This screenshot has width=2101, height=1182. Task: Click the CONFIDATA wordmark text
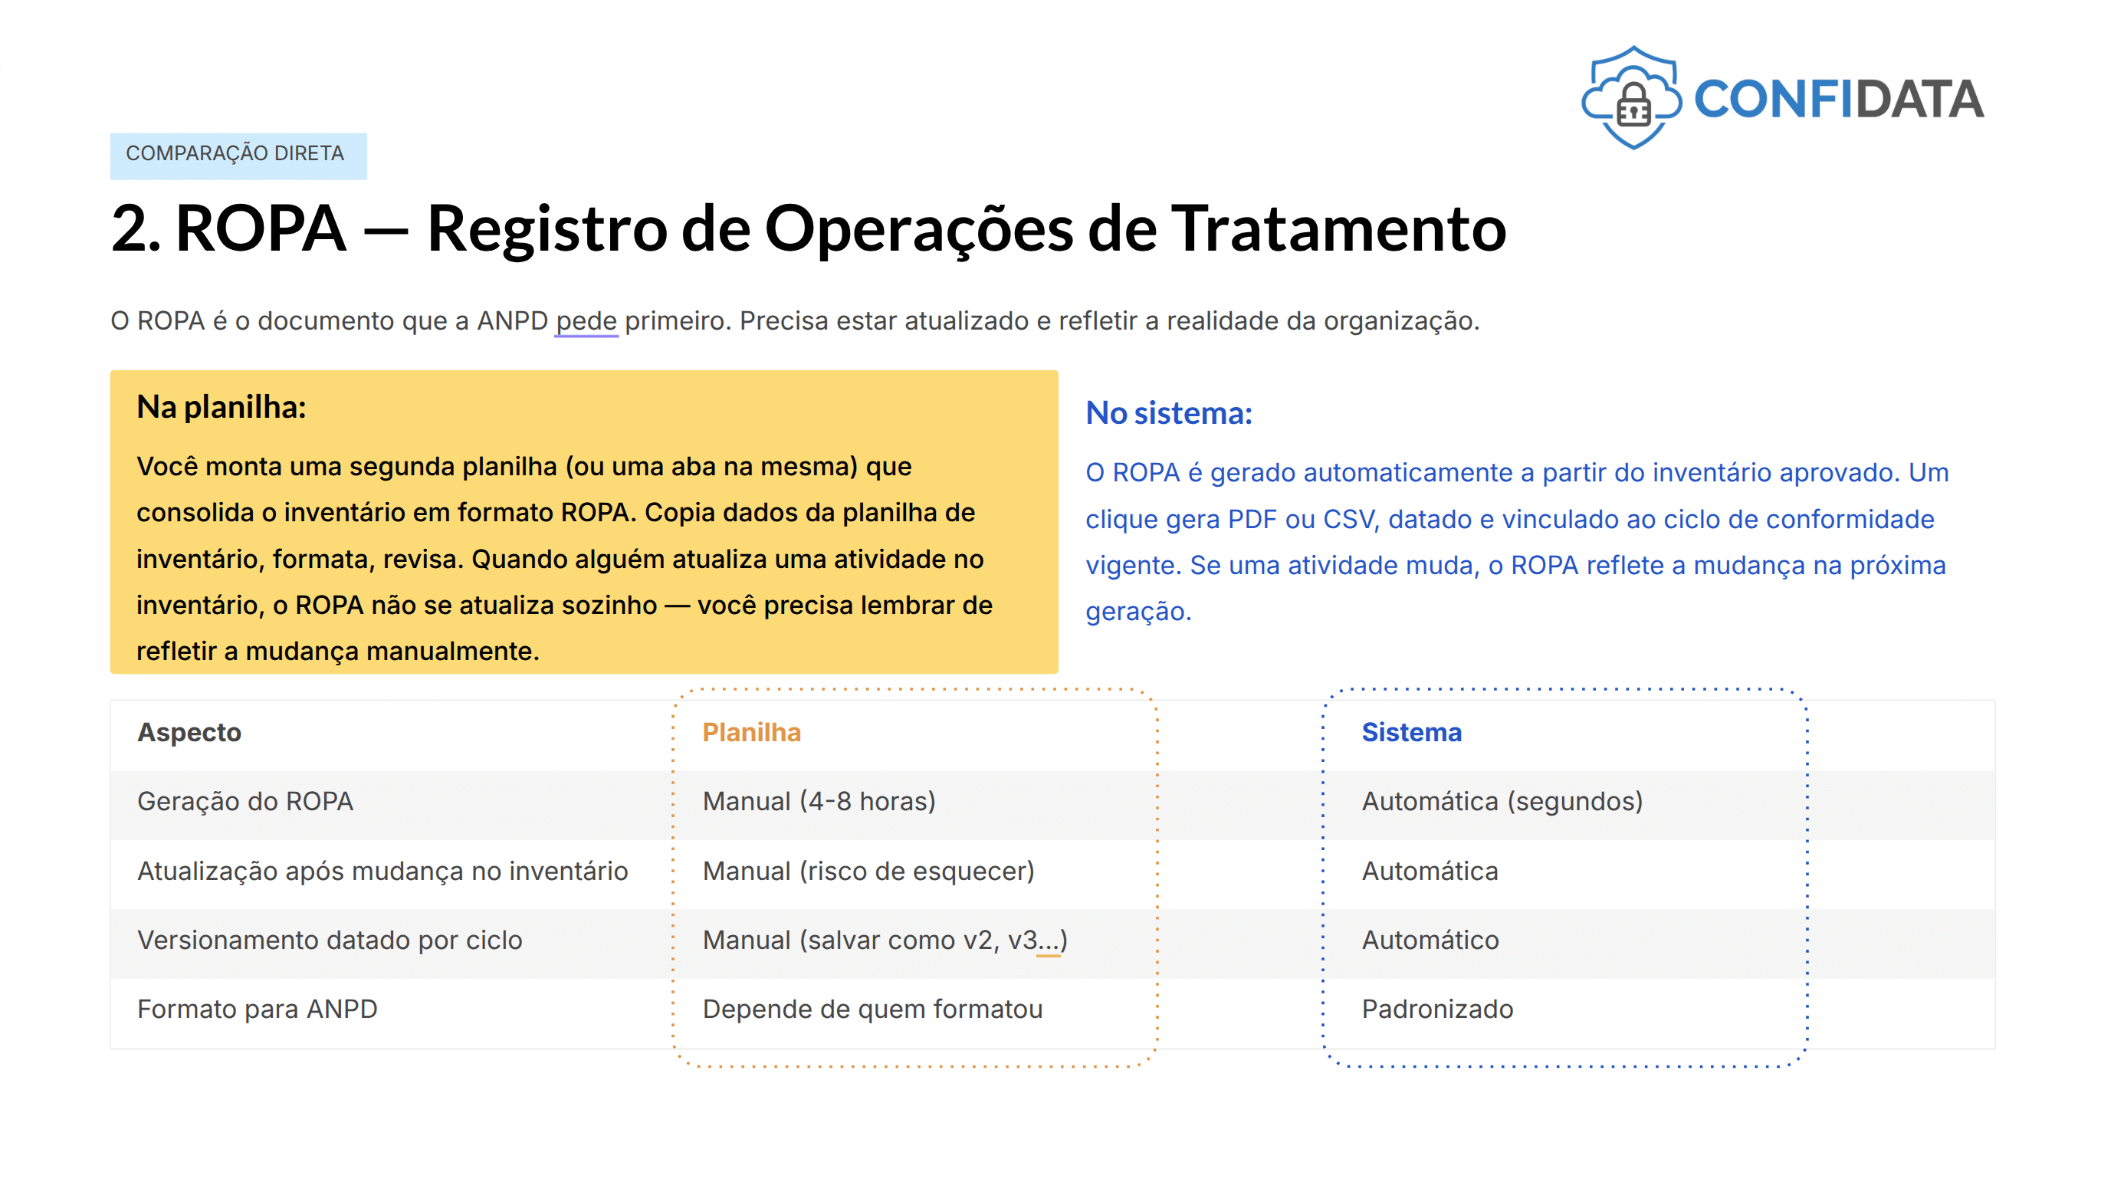1838,100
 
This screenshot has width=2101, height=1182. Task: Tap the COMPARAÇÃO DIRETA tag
238,155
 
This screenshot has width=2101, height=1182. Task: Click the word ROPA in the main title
261,228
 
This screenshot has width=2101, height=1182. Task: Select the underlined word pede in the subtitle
586,320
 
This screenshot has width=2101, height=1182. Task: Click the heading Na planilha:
222,406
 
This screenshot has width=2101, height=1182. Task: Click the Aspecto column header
189,732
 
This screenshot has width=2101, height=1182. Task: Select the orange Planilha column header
751,732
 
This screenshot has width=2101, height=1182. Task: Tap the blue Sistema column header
1411,732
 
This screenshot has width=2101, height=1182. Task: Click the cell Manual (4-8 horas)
819,801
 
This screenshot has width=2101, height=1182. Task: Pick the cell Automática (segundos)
1502,801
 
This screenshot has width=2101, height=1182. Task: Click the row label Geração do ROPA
245,801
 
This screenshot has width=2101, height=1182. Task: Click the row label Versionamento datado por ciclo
330,940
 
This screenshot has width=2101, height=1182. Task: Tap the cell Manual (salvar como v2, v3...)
885,940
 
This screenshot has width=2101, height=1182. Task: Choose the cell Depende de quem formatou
872,1009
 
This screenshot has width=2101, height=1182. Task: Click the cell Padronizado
1437,1009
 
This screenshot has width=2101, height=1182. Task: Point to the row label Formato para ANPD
257,1009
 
